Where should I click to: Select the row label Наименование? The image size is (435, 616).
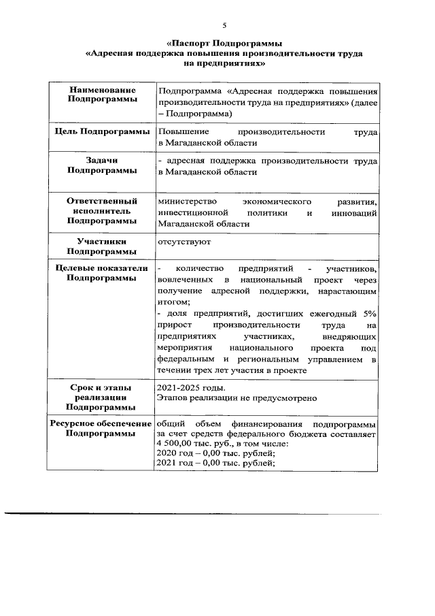pos(102,90)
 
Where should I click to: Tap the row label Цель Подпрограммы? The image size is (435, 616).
pos(102,131)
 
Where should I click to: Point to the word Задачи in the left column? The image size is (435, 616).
pos(102,161)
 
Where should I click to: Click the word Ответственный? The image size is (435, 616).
pos(102,201)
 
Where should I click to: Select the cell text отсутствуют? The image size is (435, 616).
pos(184,242)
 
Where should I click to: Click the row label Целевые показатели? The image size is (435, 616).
pos(102,268)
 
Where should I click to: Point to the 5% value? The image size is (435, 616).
pos(369,313)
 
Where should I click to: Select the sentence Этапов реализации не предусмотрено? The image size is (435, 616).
pos(237,398)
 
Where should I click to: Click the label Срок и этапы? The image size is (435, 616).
pos(102,388)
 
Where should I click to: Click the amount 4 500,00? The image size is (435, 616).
pos(177,444)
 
